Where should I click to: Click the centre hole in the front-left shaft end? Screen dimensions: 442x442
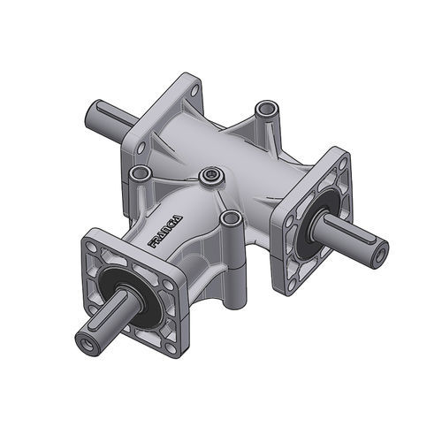tap(86, 340)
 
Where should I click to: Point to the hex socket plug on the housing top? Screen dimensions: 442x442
tap(209, 177)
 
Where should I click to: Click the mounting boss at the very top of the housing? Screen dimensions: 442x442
tap(264, 110)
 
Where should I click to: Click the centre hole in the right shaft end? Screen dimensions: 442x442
tap(378, 253)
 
